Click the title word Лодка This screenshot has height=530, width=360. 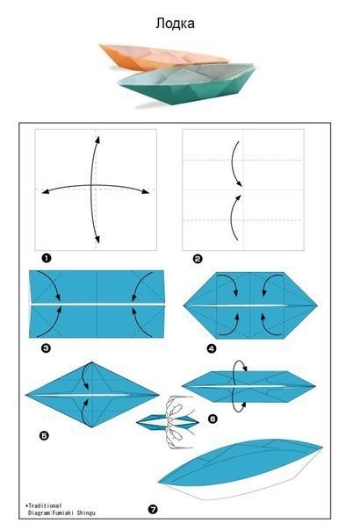coord(175,24)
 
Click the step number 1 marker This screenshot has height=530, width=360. coord(47,259)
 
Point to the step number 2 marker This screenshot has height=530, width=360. coord(198,259)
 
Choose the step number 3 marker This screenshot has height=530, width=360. coord(46,347)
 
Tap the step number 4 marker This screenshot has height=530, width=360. coord(212,348)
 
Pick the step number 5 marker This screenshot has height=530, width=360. coord(44,436)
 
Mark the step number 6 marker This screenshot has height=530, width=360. coord(212,419)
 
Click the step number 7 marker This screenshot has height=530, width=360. coord(153,509)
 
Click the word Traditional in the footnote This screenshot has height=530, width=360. coord(45,505)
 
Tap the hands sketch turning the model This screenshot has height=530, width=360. coord(179,421)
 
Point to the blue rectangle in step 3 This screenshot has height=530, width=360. coord(97,304)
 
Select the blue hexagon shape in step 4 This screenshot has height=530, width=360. coord(250,305)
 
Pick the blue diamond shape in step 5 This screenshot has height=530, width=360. coord(92,395)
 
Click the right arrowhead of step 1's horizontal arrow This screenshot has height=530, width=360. coord(146,191)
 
